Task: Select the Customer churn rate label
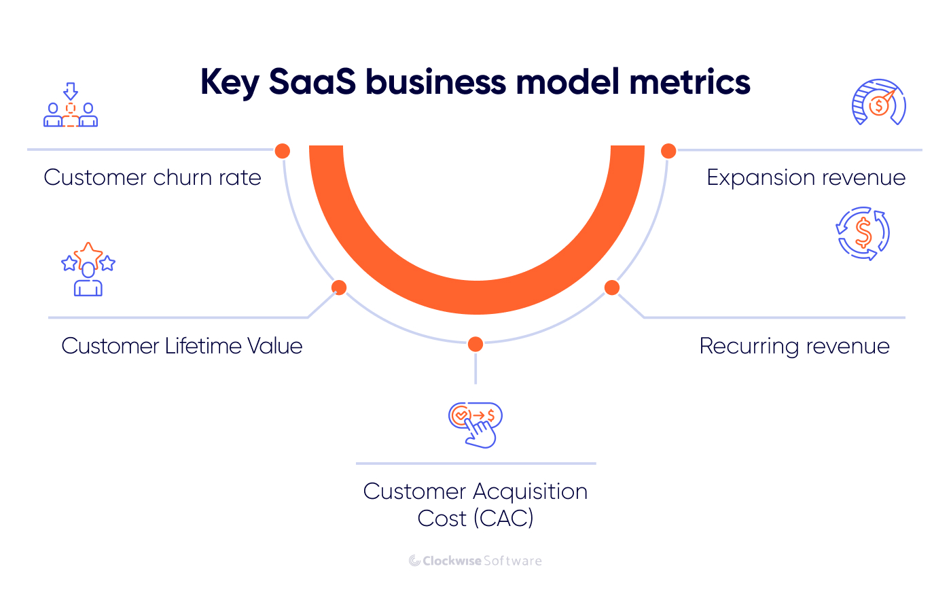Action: point(152,177)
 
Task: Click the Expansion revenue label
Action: point(806,177)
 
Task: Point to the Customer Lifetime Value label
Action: point(181,346)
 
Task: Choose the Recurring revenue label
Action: point(794,346)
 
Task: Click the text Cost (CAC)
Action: point(475,519)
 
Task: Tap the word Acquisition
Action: point(530,491)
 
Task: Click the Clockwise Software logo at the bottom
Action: point(475,561)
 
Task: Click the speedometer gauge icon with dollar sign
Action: point(879,103)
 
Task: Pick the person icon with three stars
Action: point(88,269)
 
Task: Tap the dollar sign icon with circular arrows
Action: point(863,233)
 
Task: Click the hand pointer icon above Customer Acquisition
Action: point(475,425)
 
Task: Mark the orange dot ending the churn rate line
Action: point(283,151)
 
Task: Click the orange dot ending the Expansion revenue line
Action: point(668,151)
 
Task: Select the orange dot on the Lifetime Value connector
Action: point(339,287)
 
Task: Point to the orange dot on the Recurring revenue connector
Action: point(612,287)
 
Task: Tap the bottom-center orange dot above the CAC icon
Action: point(475,344)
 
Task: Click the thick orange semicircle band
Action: point(476,298)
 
